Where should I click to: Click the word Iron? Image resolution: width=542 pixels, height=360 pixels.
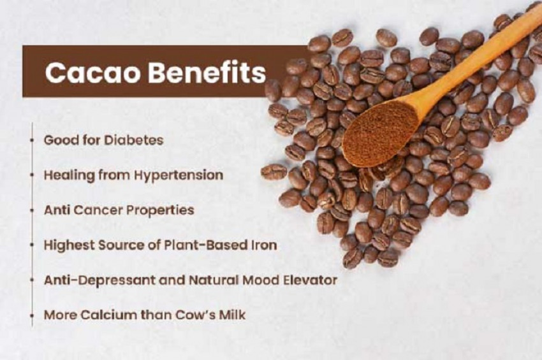pos(263,245)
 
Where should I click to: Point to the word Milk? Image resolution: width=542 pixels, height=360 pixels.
pos(231,315)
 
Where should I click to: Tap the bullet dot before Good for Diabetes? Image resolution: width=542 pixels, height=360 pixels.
pos(32,140)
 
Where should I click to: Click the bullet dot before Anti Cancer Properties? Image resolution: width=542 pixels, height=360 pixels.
pos(32,210)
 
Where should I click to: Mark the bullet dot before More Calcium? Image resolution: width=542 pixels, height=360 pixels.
pos(32,315)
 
